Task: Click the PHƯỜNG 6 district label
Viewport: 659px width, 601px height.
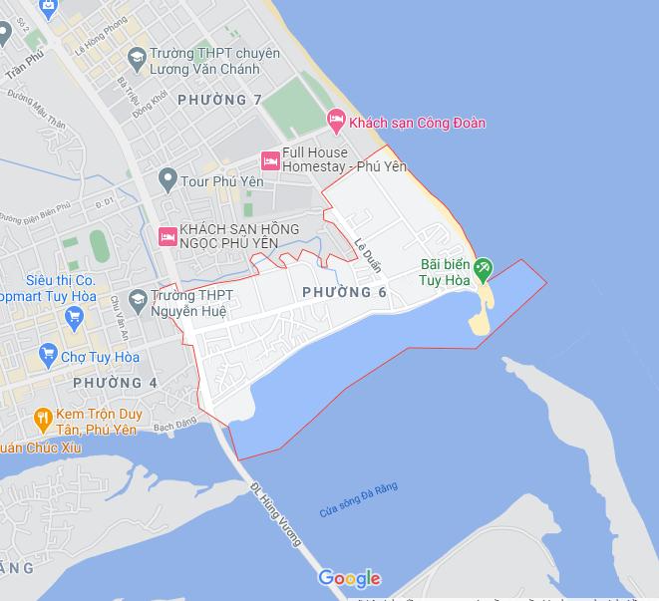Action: (x=343, y=292)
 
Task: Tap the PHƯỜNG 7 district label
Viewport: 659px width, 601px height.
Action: (x=218, y=101)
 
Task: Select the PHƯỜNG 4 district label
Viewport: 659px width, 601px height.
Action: (x=115, y=383)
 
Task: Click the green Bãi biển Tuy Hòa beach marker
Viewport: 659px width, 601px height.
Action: (x=484, y=267)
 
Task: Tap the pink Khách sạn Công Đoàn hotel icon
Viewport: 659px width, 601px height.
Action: (x=337, y=122)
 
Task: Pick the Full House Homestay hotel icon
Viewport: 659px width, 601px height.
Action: (x=269, y=159)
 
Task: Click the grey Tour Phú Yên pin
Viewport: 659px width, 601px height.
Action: (x=167, y=181)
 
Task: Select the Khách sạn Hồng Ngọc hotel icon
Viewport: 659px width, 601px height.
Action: (x=167, y=236)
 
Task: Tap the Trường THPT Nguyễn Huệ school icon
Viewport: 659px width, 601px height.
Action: (x=137, y=298)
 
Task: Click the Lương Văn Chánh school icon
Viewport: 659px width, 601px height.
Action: (x=137, y=55)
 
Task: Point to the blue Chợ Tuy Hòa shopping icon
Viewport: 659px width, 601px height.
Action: (x=48, y=354)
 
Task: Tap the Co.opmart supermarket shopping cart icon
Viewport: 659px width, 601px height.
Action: (x=73, y=317)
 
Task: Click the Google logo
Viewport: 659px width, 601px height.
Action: (x=349, y=578)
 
